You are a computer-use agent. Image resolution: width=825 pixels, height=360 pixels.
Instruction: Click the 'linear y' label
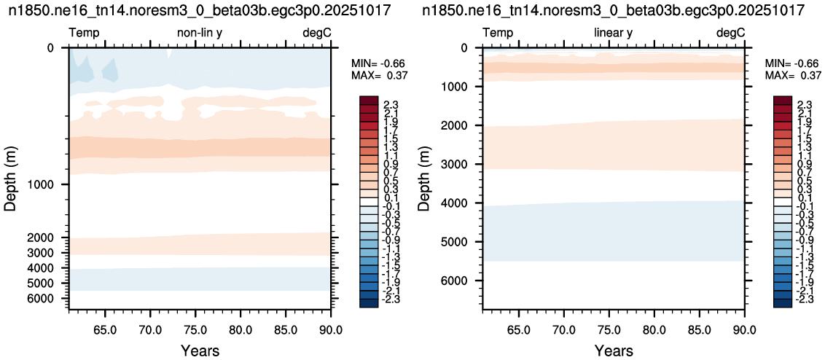(x=613, y=34)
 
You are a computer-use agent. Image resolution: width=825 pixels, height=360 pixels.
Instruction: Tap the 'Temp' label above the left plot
(x=85, y=34)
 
